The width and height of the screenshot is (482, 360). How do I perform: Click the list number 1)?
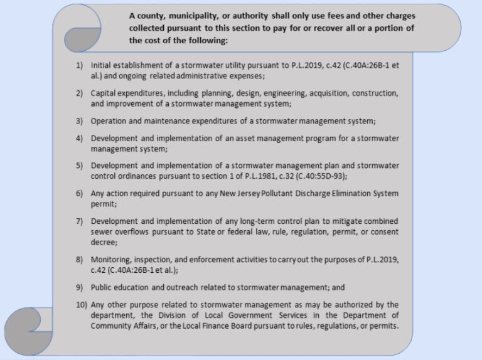(x=79, y=65)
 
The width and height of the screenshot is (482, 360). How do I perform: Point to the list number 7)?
(x=79, y=221)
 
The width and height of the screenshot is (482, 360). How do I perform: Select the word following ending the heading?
(x=208, y=40)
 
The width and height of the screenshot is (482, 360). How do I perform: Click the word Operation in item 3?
(x=110, y=121)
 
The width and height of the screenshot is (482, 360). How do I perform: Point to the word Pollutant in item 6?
(x=275, y=193)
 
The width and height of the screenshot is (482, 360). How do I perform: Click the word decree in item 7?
(x=104, y=243)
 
